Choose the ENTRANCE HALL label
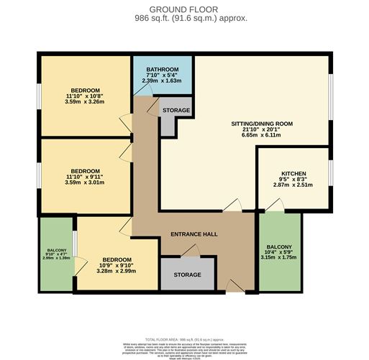(x=193, y=235)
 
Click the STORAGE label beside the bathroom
(x=176, y=111)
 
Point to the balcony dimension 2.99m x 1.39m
(x=55, y=257)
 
